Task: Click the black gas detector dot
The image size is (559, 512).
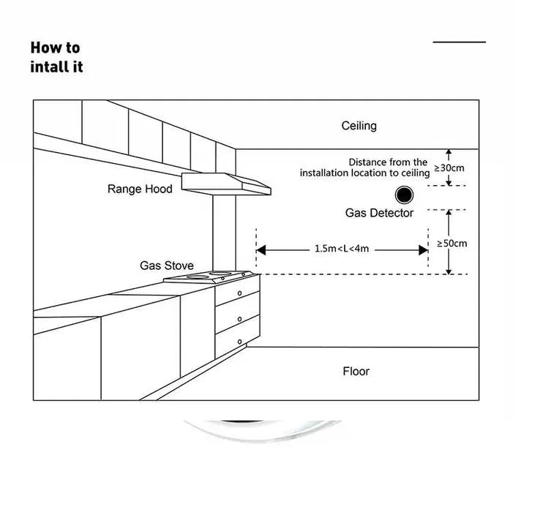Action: click(402, 195)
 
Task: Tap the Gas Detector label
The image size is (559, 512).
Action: click(379, 213)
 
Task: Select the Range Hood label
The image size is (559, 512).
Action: click(140, 189)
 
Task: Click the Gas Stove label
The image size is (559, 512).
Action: click(167, 265)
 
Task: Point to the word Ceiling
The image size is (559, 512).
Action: click(359, 126)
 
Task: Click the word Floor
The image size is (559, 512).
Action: click(356, 372)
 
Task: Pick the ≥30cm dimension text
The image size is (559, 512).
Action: click(450, 167)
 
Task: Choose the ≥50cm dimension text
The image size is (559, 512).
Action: click(451, 243)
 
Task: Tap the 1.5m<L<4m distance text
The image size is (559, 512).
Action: click(342, 249)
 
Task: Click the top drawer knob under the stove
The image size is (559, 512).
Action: click(239, 293)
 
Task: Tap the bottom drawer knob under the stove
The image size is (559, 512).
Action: click(239, 341)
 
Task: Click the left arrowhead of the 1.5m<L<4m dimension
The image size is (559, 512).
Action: click(261, 250)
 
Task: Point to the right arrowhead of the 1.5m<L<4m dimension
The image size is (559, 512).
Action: click(423, 250)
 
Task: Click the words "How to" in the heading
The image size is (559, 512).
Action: click(55, 48)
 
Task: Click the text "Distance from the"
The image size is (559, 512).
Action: click(388, 162)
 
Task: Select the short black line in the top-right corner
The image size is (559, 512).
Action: click(459, 42)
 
